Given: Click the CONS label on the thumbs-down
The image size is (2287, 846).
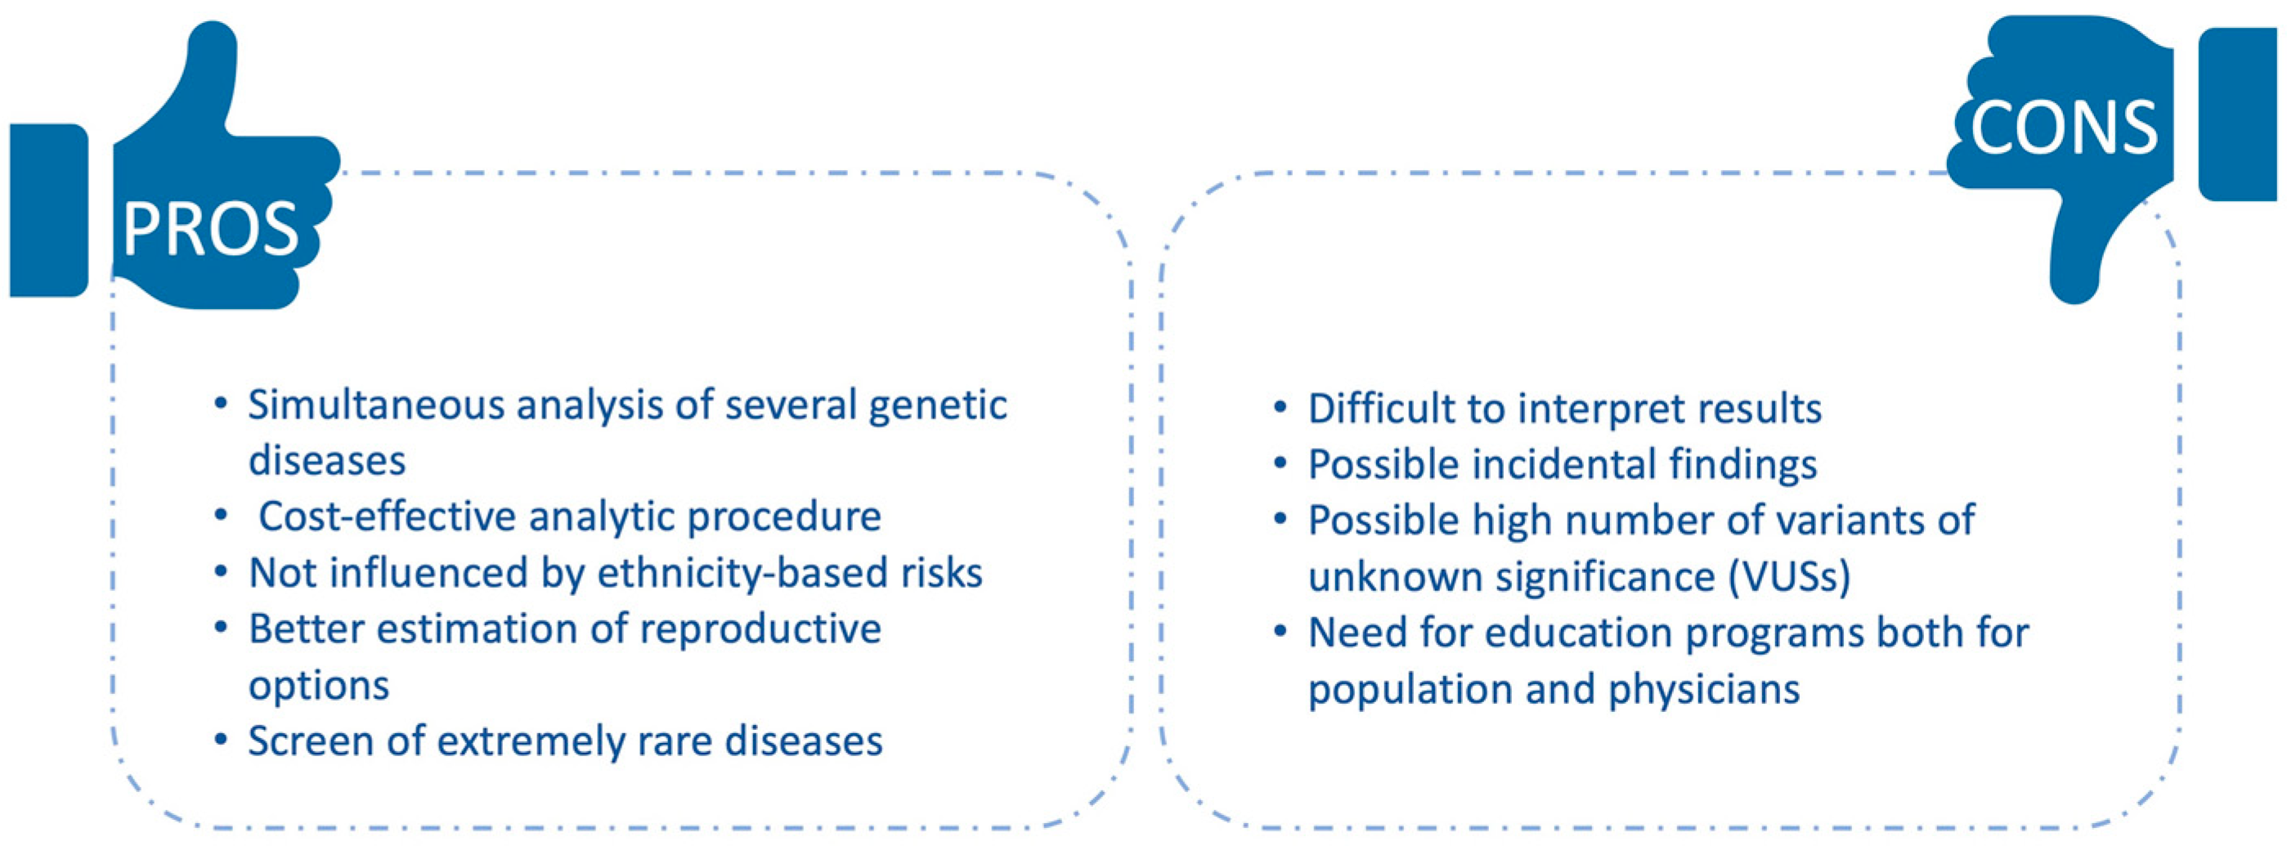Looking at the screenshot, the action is point(2063,128).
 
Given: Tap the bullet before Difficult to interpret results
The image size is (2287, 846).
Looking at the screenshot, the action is point(1280,410).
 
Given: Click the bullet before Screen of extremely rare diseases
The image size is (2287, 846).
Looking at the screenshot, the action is point(221,741).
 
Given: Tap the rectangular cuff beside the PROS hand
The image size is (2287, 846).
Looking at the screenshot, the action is point(49,210).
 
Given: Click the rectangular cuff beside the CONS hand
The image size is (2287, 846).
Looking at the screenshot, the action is point(2237,114).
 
